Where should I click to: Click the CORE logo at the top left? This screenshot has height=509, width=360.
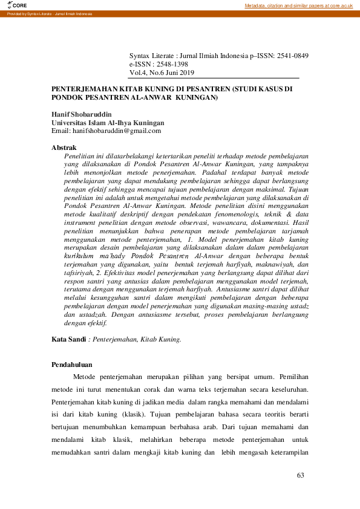(10, 5)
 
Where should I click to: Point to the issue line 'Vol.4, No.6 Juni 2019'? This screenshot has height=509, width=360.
(162, 73)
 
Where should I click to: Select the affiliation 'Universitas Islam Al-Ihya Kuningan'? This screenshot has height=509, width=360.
(108, 122)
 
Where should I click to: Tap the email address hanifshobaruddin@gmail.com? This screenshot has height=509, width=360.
(116, 130)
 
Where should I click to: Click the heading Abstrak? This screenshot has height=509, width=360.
(64, 148)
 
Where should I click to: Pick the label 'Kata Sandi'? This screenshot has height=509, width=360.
(68, 340)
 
